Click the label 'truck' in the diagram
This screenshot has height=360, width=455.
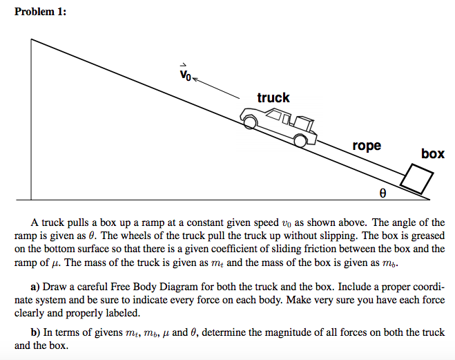[x=273, y=97]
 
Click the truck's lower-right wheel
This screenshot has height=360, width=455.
[x=300, y=140]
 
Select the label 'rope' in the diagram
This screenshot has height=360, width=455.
[x=366, y=145]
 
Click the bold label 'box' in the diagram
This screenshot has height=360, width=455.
[x=433, y=153]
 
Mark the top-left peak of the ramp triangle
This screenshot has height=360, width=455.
[x=31, y=39]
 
